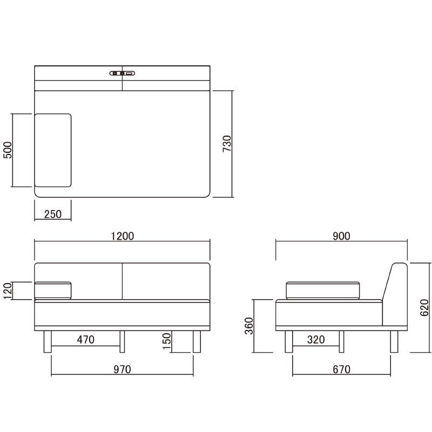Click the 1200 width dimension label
tap(123, 236)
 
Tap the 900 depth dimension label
tap(341, 236)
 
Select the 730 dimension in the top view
tap(227, 144)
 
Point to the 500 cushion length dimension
tap(8, 150)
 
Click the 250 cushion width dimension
tap(53, 214)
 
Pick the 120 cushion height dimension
tap(8, 291)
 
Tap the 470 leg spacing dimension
tap(86, 340)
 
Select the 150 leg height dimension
tap(167, 341)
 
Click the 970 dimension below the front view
tap(123, 369)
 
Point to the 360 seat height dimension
tap(249, 326)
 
